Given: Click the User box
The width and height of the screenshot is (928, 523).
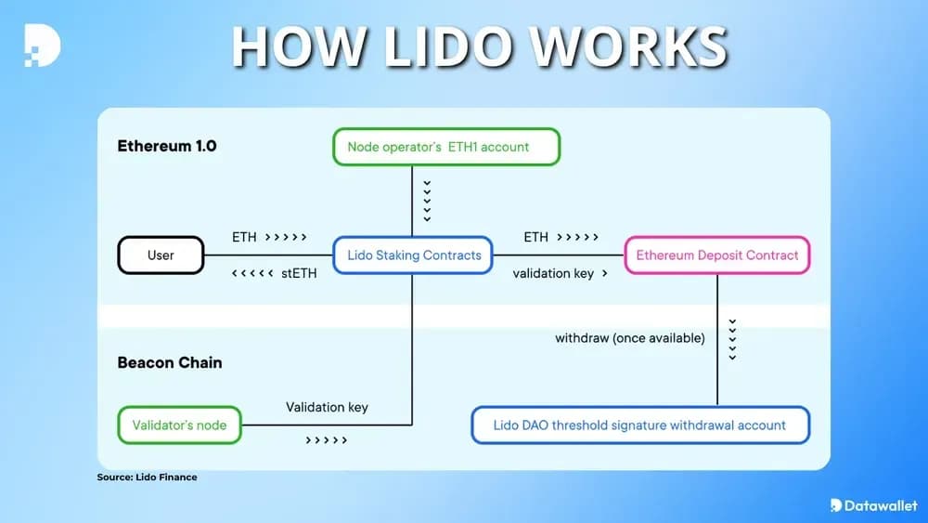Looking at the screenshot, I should pyautogui.click(x=161, y=255).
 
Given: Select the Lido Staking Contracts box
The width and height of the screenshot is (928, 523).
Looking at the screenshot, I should pyautogui.click(x=413, y=255).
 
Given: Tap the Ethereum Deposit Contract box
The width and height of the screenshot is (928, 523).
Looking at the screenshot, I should pyautogui.click(x=717, y=255).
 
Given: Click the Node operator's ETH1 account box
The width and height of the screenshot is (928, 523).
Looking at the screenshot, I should pyautogui.click(x=446, y=147).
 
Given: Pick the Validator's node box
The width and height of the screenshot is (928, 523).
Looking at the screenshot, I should pyautogui.click(x=179, y=425).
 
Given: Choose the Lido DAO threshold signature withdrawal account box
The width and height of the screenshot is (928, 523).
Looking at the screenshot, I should pyautogui.click(x=640, y=425).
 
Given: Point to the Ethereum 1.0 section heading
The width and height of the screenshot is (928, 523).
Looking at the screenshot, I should pyautogui.click(x=167, y=146).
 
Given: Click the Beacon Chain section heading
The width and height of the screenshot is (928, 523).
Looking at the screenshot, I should pyautogui.click(x=171, y=362).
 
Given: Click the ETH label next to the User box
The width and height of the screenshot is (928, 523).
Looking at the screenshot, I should pyautogui.click(x=244, y=237).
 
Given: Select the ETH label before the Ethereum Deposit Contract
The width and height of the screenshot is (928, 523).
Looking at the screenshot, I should pyautogui.click(x=536, y=237).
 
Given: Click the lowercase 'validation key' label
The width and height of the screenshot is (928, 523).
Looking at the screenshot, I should pyautogui.click(x=553, y=274).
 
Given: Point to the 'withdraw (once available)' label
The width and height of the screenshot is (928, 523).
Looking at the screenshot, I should pyautogui.click(x=630, y=338).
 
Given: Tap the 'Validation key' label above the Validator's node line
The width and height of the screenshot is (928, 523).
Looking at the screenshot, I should pyautogui.click(x=327, y=407).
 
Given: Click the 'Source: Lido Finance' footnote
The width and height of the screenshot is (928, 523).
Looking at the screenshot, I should pyautogui.click(x=147, y=477).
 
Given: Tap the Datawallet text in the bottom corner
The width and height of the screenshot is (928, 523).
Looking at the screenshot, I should pyautogui.click(x=882, y=505).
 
